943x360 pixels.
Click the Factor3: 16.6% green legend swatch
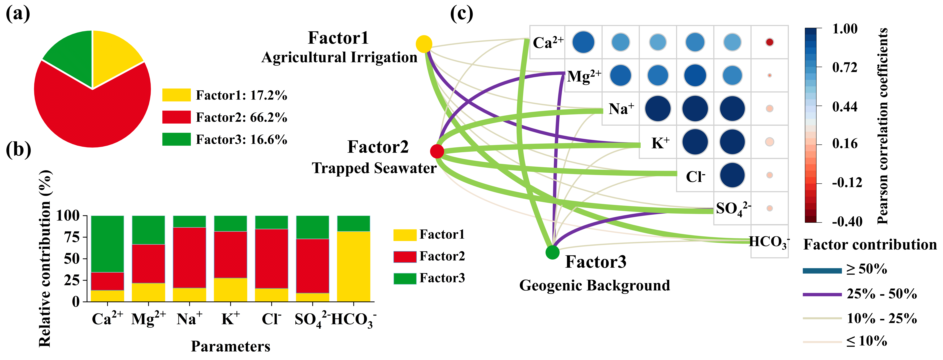pyautogui.click(x=176, y=139)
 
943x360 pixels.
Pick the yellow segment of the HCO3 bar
pyautogui.click(x=353, y=266)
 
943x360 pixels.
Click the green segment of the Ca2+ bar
pyautogui.click(x=107, y=244)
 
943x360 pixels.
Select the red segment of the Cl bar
pyautogui.click(x=271, y=259)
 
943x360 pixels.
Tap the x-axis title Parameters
pyautogui.click(x=231, y=346)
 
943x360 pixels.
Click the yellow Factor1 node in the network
pyautogui.click(x=424, y=44)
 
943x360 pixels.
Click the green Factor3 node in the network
pyautogui.click(x=552, y=252)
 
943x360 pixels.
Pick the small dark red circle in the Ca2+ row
pyautogui.click(x=770, y=42)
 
